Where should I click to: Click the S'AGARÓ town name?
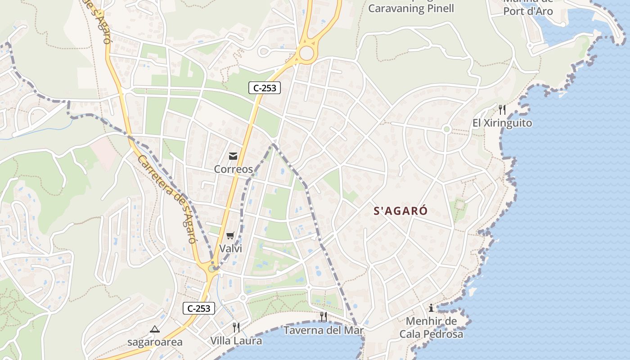click(x=400, y=211)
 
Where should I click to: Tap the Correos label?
click(x=233, y=169)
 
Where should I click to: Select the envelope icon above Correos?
click(x=233, y=156)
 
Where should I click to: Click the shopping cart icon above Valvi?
click(x=230, y=235)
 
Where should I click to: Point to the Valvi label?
click(x=230, y=248)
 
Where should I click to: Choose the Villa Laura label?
click(x=236, y=341)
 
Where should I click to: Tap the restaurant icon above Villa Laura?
click(x=236, y=327)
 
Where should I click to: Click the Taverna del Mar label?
click(x=323, y=330)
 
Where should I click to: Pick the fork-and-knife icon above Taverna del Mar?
click(x=323, y=316)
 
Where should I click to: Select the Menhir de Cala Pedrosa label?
click(x=431, y=328)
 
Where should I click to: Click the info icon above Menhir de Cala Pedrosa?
click(x=431, y=308)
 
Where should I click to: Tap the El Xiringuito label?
click(x=502, y=123)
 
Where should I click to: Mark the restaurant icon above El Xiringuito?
click(x=502, y=109)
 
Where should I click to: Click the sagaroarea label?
click(x=155, y=342)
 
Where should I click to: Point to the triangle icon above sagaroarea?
click(x=155, y=329)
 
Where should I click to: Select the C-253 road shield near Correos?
click(x=265, y=88)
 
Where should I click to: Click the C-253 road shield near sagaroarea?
click(x=198, y=308)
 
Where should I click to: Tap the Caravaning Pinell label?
click(x=411, y=8)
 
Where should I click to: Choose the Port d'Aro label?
click(x=528, y=11)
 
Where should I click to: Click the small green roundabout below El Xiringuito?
click(x=446, y=130)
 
